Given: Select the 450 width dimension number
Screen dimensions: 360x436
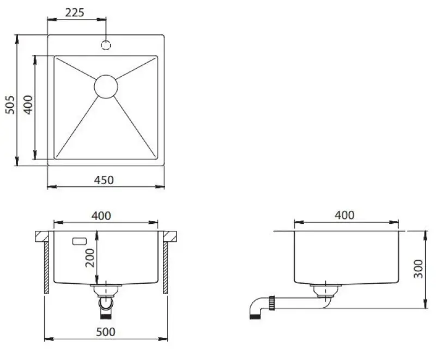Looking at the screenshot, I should [x=104, y=179].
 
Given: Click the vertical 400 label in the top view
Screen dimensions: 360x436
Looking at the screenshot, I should [x=28, y=103].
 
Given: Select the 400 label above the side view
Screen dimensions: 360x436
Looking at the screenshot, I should [x=344, y=215].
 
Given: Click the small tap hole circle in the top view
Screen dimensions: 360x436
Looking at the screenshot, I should [x=106, y=45].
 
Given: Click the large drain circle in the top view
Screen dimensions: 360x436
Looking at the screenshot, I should [x=106, y=87].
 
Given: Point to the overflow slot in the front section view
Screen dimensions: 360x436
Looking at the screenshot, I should [x=80, y=240].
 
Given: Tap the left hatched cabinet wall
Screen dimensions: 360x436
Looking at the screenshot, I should [x=47, y=267].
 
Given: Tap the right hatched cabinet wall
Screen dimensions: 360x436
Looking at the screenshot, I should [x=164, y=267].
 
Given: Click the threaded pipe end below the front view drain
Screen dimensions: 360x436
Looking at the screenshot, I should [x=105, y=312].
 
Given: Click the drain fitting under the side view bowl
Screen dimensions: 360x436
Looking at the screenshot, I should [x=322, y=289].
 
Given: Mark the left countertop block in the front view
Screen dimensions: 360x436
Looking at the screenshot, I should [x=43, y=236].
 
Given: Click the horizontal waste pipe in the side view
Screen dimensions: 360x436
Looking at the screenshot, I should [x=297, y=301].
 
